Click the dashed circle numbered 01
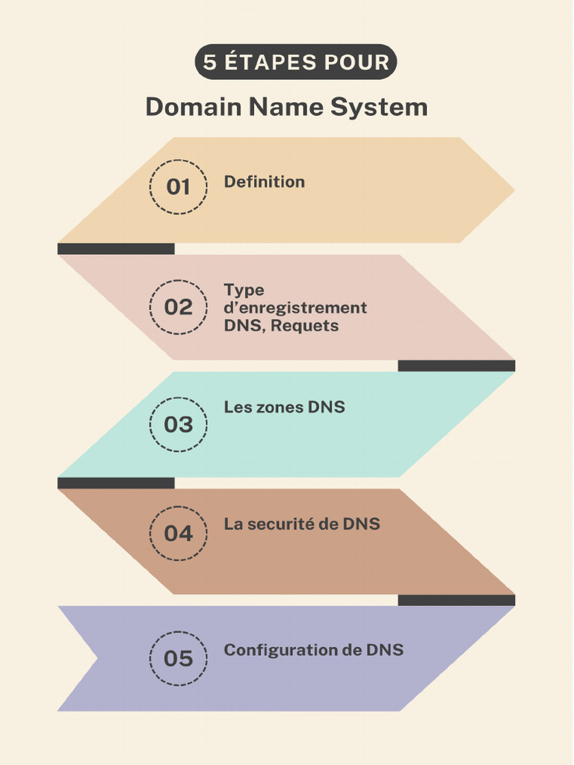click(178, 187)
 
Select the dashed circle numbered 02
click(178, 307)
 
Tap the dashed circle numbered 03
click(178, 424)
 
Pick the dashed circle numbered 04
click(178, 533)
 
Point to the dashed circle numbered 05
click(178, 658)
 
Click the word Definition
click(264, 182)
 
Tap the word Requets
click(304, 326)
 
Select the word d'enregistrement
click(295, 308)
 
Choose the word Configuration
click(281, 650)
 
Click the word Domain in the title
click(193, 107)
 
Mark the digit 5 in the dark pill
click(210, 62)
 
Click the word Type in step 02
click(244, 290)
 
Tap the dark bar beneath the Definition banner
click(116, 249)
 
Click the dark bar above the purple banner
click(456, 600)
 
